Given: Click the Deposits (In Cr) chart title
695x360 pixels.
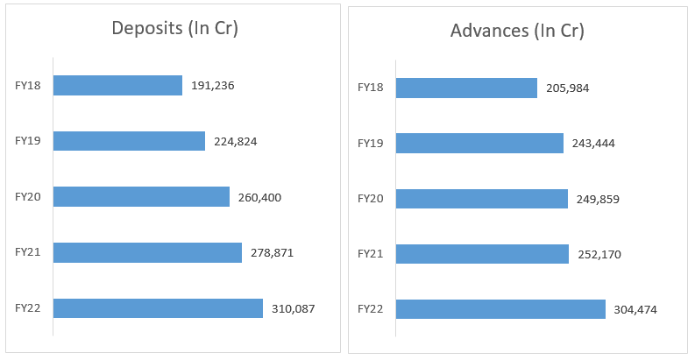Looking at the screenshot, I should tap(174, 28).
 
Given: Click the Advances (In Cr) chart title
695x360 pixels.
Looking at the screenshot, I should tap(517, 31).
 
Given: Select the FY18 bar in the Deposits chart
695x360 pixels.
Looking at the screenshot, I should tap(117, 85).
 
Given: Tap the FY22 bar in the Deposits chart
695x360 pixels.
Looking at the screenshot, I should tap(158, 308).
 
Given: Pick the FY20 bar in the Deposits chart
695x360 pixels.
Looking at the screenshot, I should tap(141, 197).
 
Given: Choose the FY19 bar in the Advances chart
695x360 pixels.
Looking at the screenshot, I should tap(479, 143).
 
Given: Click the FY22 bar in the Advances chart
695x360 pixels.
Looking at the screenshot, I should tap(500, 309).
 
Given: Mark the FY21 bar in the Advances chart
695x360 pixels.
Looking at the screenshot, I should tap(483, 254).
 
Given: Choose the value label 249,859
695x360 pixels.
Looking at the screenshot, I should tap(598, 199).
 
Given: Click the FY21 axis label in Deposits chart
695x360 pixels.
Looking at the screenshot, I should tap(28, 252).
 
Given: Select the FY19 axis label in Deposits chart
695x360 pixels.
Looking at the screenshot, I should tap(28, 141).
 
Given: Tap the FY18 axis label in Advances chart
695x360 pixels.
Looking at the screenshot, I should tap(371, 88).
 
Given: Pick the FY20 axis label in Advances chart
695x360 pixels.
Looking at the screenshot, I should tap(371, 199).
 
